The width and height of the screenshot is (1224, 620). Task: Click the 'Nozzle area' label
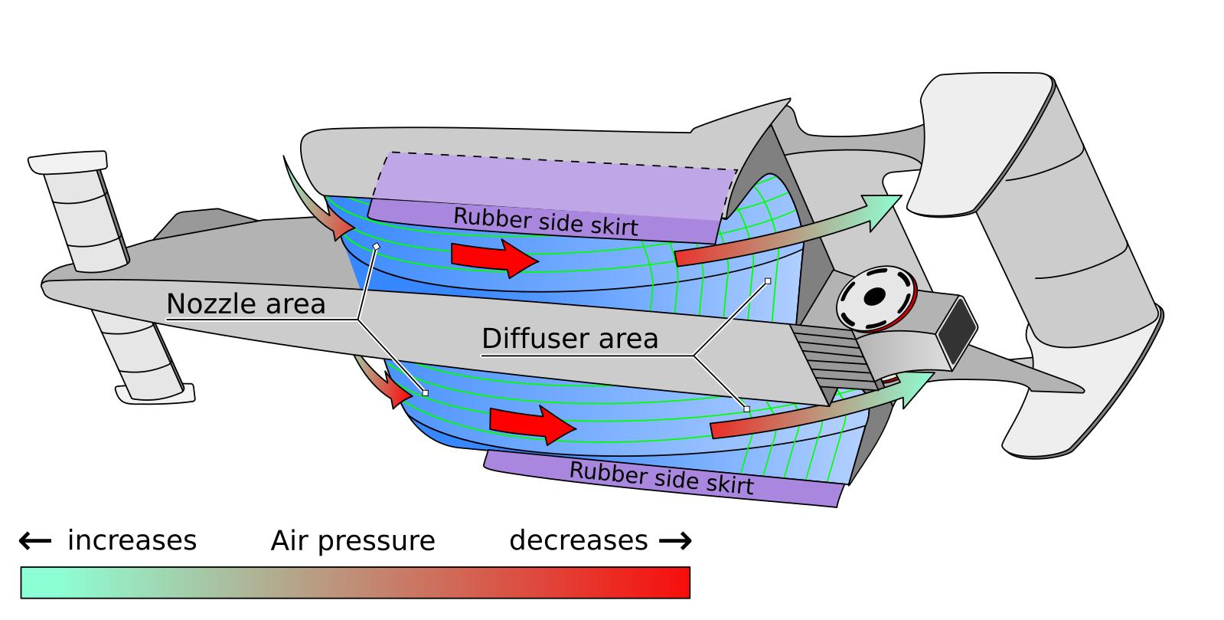pos(246,304)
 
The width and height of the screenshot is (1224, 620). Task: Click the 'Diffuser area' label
pos(570,339)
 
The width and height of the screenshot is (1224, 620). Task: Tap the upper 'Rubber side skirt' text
pos(545,221)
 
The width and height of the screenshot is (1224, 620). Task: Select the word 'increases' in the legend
pos(132,541)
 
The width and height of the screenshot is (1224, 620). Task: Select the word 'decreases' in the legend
pos(579,541)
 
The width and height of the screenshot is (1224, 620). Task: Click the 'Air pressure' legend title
pos(353,541)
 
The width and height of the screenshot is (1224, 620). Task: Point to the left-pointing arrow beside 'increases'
pos(34,541)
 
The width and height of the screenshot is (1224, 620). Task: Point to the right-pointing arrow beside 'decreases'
pos(675,541)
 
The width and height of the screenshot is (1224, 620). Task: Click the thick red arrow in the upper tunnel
pos(494,257)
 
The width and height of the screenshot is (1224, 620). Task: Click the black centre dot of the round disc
pos(873,297)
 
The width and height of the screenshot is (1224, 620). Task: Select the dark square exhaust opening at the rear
pos(959,332)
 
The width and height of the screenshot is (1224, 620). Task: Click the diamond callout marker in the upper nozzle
pos(376,246)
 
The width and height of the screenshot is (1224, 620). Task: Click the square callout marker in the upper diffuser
pos(768,281)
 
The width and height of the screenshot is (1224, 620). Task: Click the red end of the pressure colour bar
pos(674,582)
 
